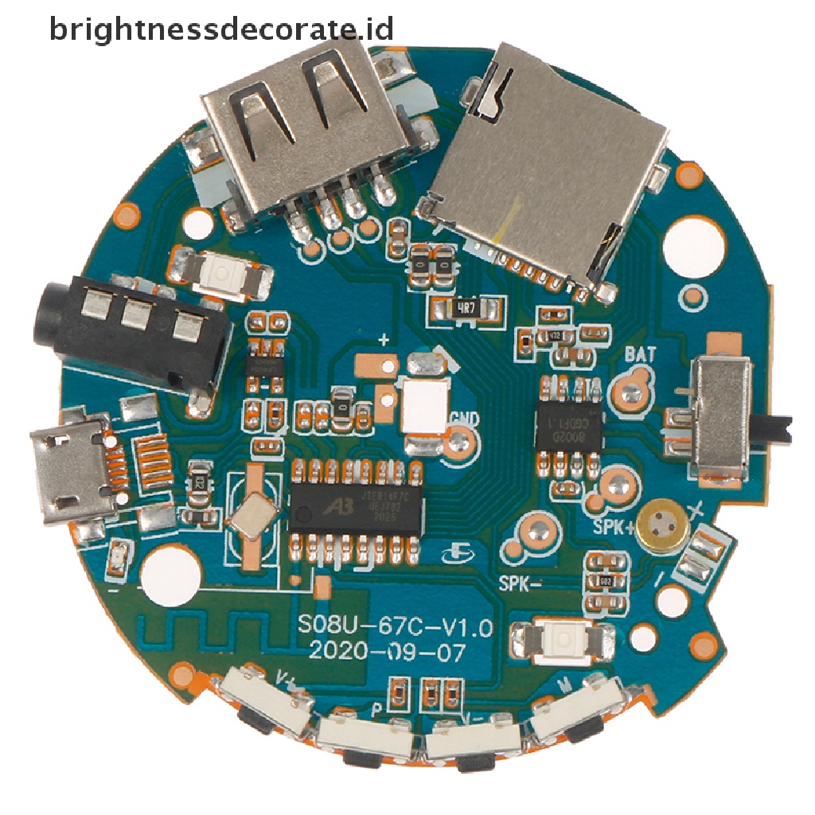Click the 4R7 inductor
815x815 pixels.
pos(467,308)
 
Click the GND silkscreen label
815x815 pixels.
pos(464,417)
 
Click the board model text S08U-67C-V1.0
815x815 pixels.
pos(394,626)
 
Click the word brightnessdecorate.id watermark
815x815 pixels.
pos(221,29)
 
